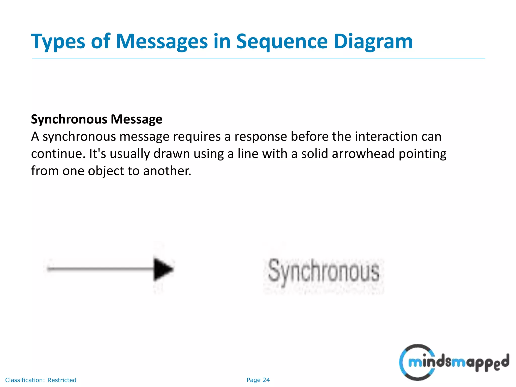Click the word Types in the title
[x=58, y=42]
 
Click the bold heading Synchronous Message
[x=96, y=119]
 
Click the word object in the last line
[x=106, y=171]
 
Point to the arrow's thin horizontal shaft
[x=101, y=269]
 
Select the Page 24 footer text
[x=258, y=380]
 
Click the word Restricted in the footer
[x=62, y=380]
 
